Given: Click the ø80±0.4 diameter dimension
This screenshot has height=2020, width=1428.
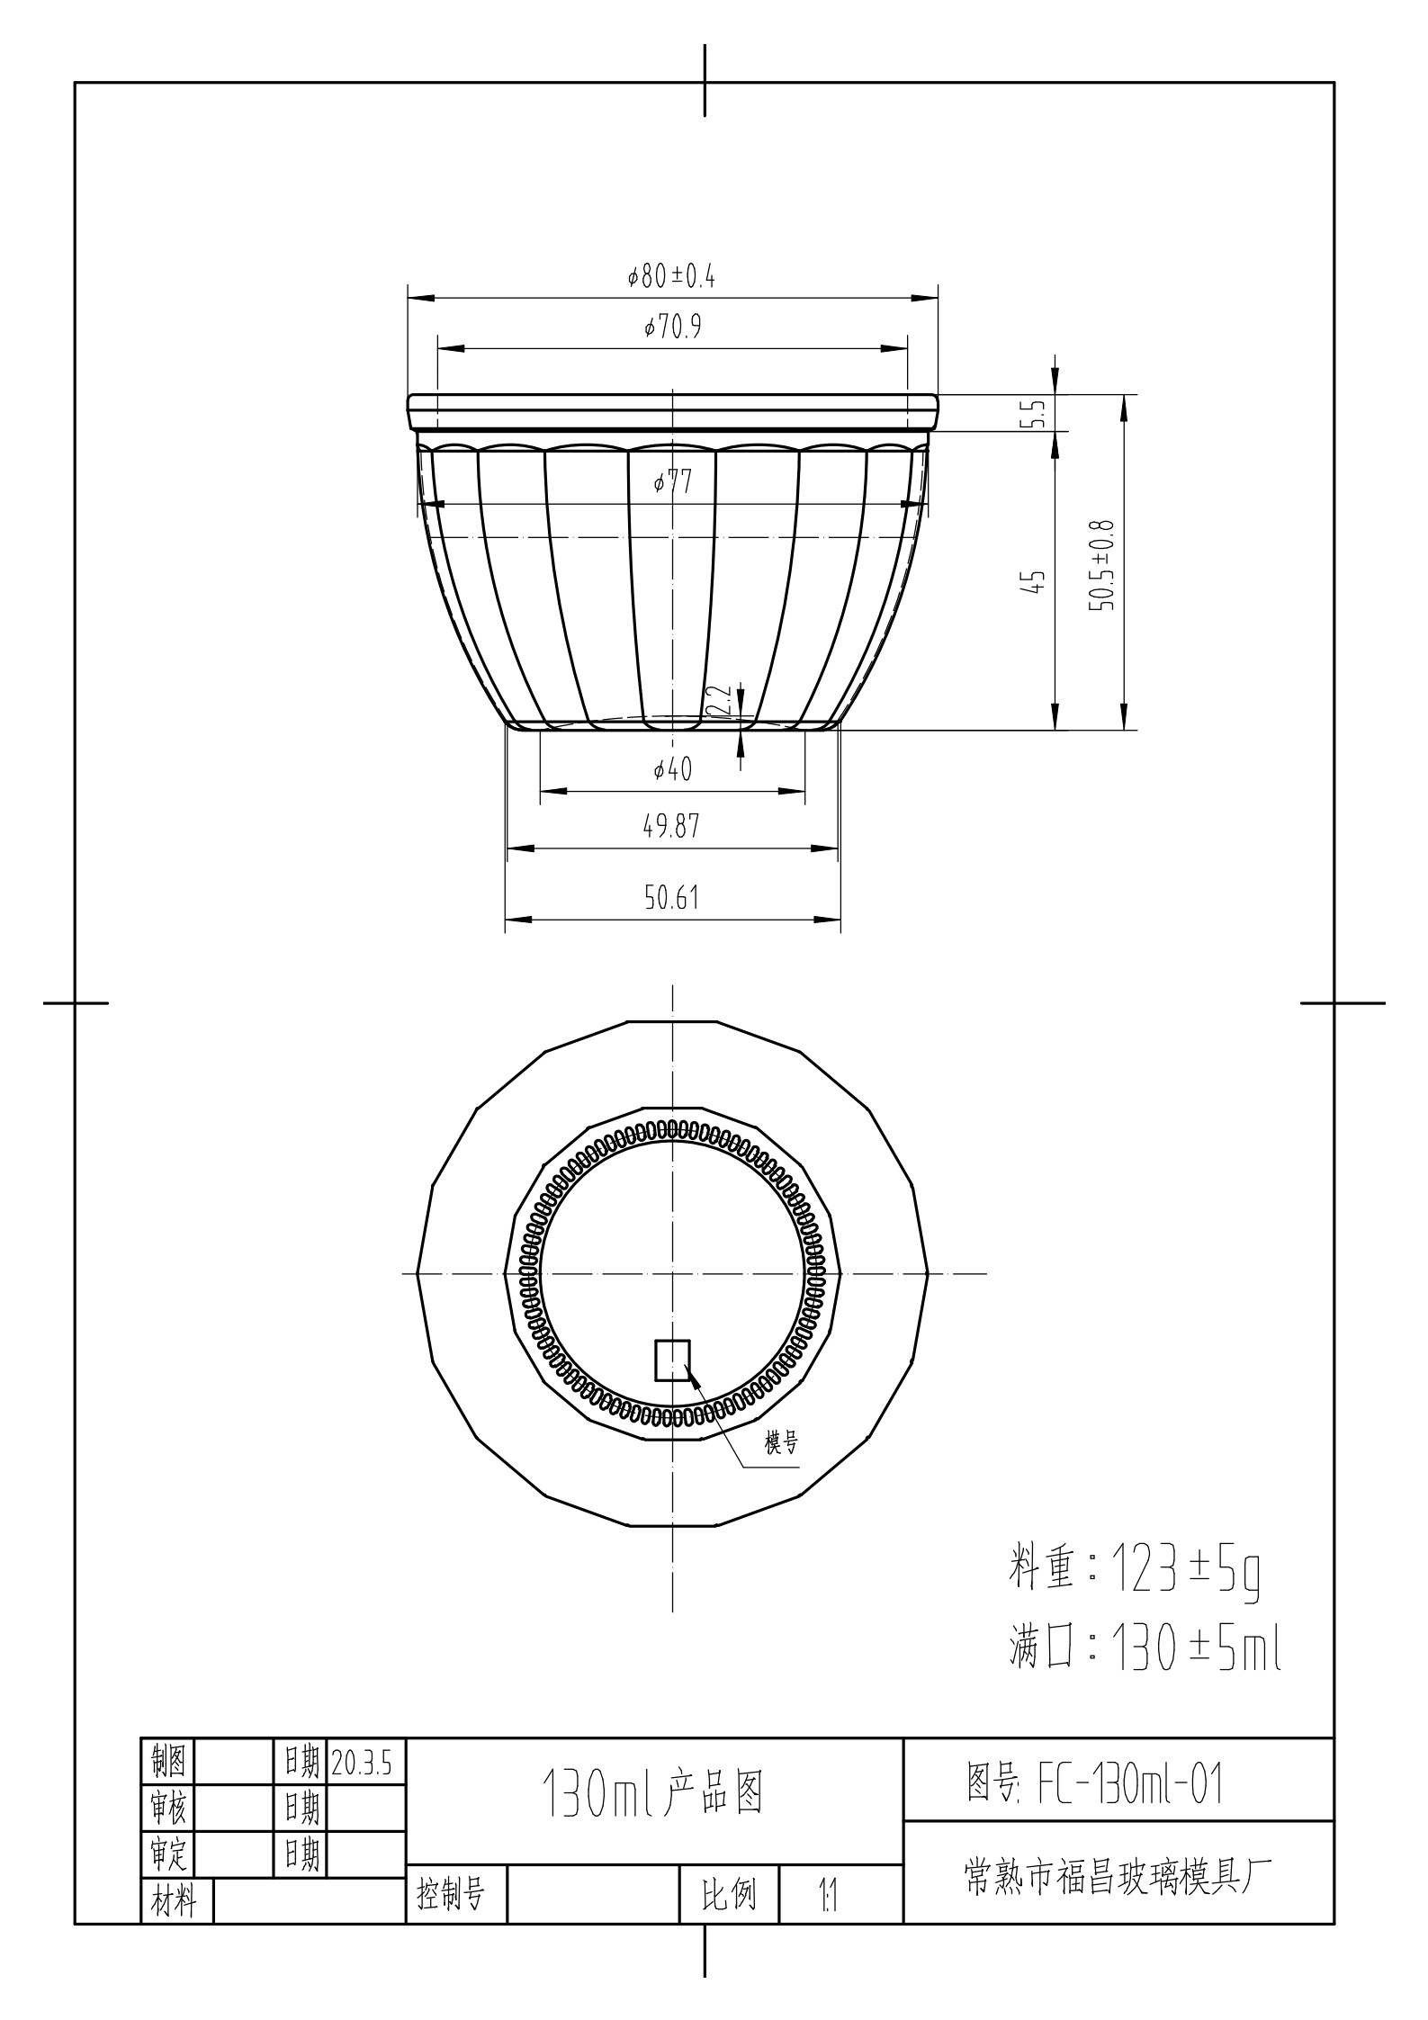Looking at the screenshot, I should pos(671,276).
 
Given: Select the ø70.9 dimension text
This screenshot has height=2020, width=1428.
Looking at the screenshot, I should pos(672,328).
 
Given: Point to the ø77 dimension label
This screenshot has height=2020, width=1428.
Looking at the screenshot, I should pos(673,483).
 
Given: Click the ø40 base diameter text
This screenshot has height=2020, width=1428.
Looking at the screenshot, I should pos(672,769).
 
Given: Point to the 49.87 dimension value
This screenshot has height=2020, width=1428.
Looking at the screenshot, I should pos(671,826).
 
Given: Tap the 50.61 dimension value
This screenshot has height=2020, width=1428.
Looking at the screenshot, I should pos(671,897).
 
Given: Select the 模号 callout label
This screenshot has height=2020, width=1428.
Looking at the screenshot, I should pos(781,1443).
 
